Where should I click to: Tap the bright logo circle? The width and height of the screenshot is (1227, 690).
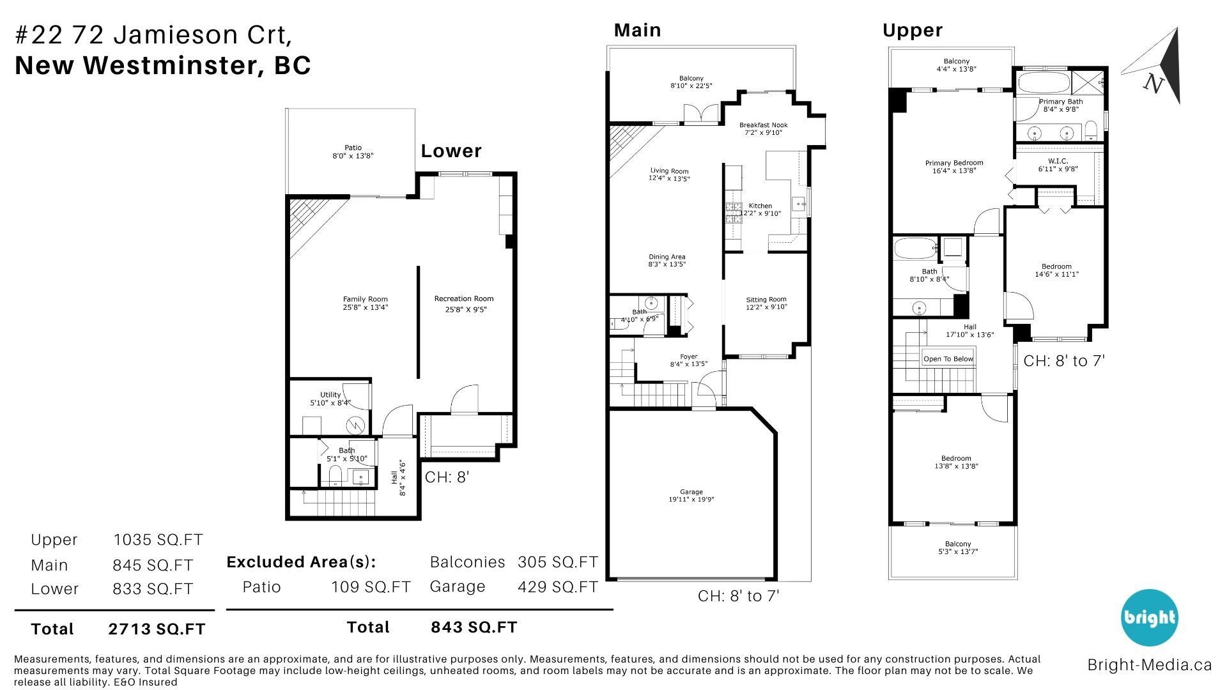click(1149, 617)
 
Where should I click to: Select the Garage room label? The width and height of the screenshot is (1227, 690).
click(691, 492)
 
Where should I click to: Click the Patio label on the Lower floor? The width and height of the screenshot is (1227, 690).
click(353, 148)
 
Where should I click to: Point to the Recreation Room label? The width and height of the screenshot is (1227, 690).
click(463, 298)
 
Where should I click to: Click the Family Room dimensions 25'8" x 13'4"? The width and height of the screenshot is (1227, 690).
click(365, 307)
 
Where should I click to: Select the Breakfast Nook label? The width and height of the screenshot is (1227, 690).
click(763, 125)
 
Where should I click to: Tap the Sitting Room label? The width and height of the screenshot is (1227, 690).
click(766, 299)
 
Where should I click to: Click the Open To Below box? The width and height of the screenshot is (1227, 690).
click(948, 358)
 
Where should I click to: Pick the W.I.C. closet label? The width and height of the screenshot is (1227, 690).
click(1058, 161)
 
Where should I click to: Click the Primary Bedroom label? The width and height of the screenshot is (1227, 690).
click(953, 163)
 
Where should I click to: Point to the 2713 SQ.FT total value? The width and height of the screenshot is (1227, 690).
click(157, 629)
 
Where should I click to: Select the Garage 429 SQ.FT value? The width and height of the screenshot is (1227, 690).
click(557, 586)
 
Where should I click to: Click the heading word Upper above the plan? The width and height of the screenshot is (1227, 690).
click(912, 30)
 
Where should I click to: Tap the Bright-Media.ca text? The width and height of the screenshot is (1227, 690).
click(1149, 664)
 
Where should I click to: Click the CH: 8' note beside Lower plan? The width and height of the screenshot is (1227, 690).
click(447, 477)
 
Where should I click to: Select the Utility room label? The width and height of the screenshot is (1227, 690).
click(330, 395)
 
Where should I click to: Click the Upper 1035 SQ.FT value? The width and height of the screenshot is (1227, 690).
click(158, 540)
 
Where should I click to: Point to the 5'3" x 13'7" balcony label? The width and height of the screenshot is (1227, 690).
click(957, 551)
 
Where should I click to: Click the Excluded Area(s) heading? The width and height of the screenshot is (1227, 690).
click(301, 562)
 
